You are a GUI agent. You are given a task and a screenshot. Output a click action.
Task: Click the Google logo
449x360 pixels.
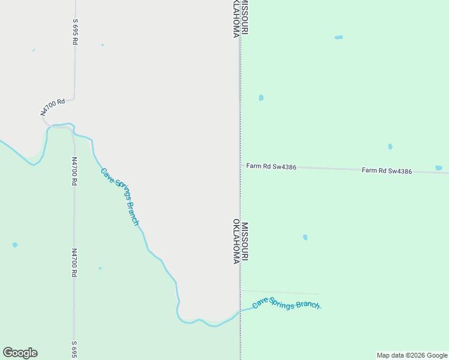[x=20, y=353]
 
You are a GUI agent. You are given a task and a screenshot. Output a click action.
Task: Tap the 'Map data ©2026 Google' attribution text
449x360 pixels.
[x=412, y=355]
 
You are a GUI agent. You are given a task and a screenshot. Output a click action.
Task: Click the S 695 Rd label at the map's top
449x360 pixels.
[x=75, y=31]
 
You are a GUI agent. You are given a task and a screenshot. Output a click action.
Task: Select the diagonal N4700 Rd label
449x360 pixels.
[x=52, y=107]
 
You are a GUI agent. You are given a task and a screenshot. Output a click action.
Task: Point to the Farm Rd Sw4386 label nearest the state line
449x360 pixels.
[x=271, y=166]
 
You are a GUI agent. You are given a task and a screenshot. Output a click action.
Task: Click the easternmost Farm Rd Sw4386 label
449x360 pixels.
[x=387, y=171]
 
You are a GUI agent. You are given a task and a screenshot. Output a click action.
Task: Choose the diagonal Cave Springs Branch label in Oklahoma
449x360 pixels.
[x=120, y=196]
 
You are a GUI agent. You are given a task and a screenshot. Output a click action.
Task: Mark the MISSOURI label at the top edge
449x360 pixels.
[x=245, y=18]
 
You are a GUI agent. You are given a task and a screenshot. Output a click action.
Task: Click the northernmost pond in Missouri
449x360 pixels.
[x=339, y=37]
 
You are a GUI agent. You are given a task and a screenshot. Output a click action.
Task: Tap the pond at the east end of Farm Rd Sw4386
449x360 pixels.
[x=438, y=167]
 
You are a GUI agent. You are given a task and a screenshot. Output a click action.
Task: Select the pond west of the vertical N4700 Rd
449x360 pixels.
[x=15, y=245]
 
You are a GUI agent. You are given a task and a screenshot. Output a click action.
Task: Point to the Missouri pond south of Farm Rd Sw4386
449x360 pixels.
[x=305, y=238]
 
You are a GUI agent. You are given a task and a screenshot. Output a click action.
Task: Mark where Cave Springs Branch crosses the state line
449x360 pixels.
[x=240, y=310]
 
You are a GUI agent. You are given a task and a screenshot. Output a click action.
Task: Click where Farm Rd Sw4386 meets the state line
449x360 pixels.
[x=241, y=166]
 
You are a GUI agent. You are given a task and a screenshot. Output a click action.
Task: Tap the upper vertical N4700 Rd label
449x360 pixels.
[x=74, y=171]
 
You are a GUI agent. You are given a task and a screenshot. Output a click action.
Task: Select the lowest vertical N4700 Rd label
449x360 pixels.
[x=74, y=262]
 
